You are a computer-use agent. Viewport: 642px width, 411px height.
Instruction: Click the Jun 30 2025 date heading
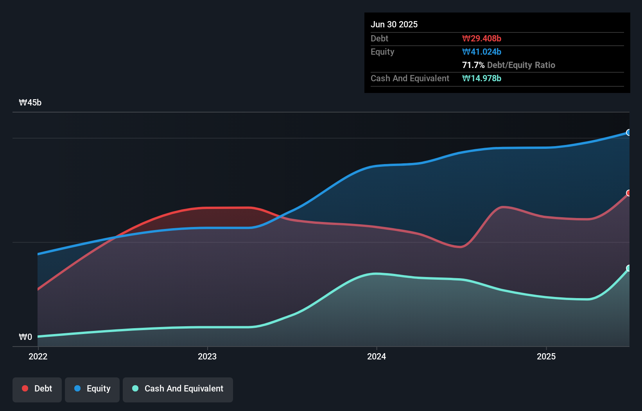394,24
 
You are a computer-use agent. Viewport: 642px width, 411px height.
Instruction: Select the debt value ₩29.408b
481,38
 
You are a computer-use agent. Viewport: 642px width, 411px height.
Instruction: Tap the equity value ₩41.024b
481,52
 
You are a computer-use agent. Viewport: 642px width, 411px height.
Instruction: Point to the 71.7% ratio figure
473,65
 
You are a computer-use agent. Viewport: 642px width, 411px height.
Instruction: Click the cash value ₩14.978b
481,78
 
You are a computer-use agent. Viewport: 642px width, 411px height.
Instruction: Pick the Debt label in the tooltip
379,38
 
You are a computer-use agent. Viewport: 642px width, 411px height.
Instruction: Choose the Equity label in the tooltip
382,52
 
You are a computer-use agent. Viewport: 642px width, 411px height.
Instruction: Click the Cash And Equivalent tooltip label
410,78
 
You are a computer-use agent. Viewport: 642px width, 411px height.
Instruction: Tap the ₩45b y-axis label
30,102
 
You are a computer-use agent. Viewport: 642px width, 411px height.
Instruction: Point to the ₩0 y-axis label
25,337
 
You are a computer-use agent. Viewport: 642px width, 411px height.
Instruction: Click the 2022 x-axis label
38,356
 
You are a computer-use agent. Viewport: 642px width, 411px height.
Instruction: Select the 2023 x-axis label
207,356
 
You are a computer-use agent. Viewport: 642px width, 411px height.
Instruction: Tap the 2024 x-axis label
377,356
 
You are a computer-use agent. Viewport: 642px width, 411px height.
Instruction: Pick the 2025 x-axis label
546,356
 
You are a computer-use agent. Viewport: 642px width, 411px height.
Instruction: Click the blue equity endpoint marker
629,132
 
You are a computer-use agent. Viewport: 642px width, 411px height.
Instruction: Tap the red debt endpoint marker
629,193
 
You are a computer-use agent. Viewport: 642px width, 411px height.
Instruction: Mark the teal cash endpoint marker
629,268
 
